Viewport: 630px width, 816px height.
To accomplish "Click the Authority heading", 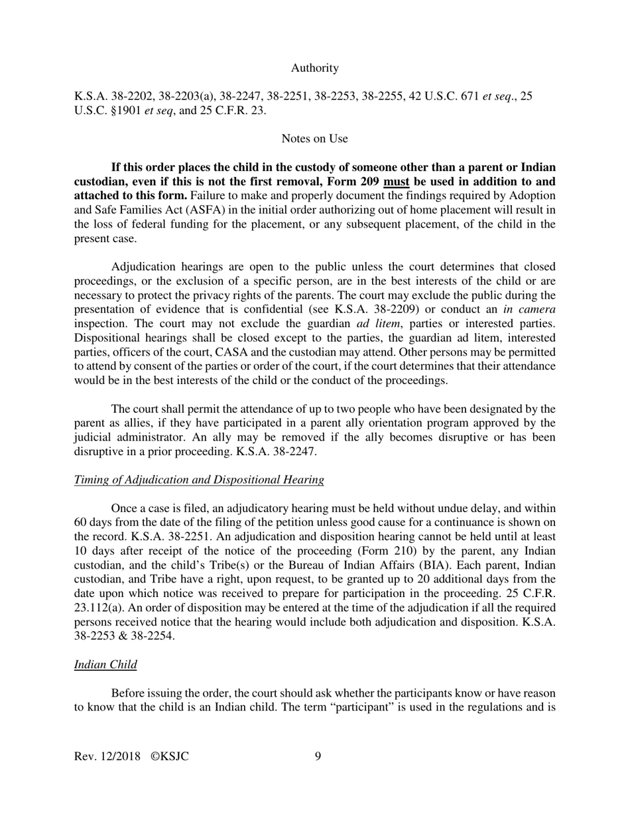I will [314, 68].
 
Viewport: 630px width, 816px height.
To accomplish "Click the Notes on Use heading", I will [314, 138].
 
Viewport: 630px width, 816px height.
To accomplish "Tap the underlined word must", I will [396, 181].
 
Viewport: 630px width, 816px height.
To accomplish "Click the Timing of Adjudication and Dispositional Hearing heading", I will [199, 479].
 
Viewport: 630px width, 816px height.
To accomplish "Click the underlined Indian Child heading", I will [105, 664].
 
